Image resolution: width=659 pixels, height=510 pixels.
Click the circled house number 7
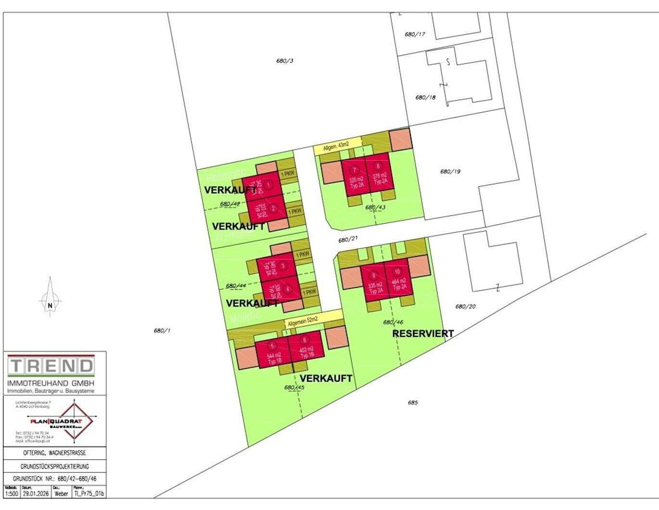(355, 170)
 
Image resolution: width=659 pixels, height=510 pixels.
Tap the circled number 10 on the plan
(397, 272)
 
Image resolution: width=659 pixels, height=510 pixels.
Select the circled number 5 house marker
(272, 346)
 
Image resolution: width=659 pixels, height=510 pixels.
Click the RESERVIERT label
(423, 333)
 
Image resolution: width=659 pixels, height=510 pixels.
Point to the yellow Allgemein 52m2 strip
(313, 319)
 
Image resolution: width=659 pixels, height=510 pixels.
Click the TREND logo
(51, 367)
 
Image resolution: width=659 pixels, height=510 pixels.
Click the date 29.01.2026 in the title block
(36, 494)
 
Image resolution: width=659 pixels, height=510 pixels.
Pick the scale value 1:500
(12, 494)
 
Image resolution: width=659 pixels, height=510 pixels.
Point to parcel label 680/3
(285, 61)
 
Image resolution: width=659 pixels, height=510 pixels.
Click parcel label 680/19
(450, 171)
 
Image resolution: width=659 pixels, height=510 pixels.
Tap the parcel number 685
(413, 403)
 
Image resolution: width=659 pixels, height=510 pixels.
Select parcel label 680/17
(415, 34)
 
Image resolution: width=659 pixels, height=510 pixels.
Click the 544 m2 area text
(274, 356)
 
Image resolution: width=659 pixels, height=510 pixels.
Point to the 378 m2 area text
(380, 176)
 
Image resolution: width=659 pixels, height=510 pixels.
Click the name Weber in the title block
(61, 494)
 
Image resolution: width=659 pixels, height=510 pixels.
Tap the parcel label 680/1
(162, 331)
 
